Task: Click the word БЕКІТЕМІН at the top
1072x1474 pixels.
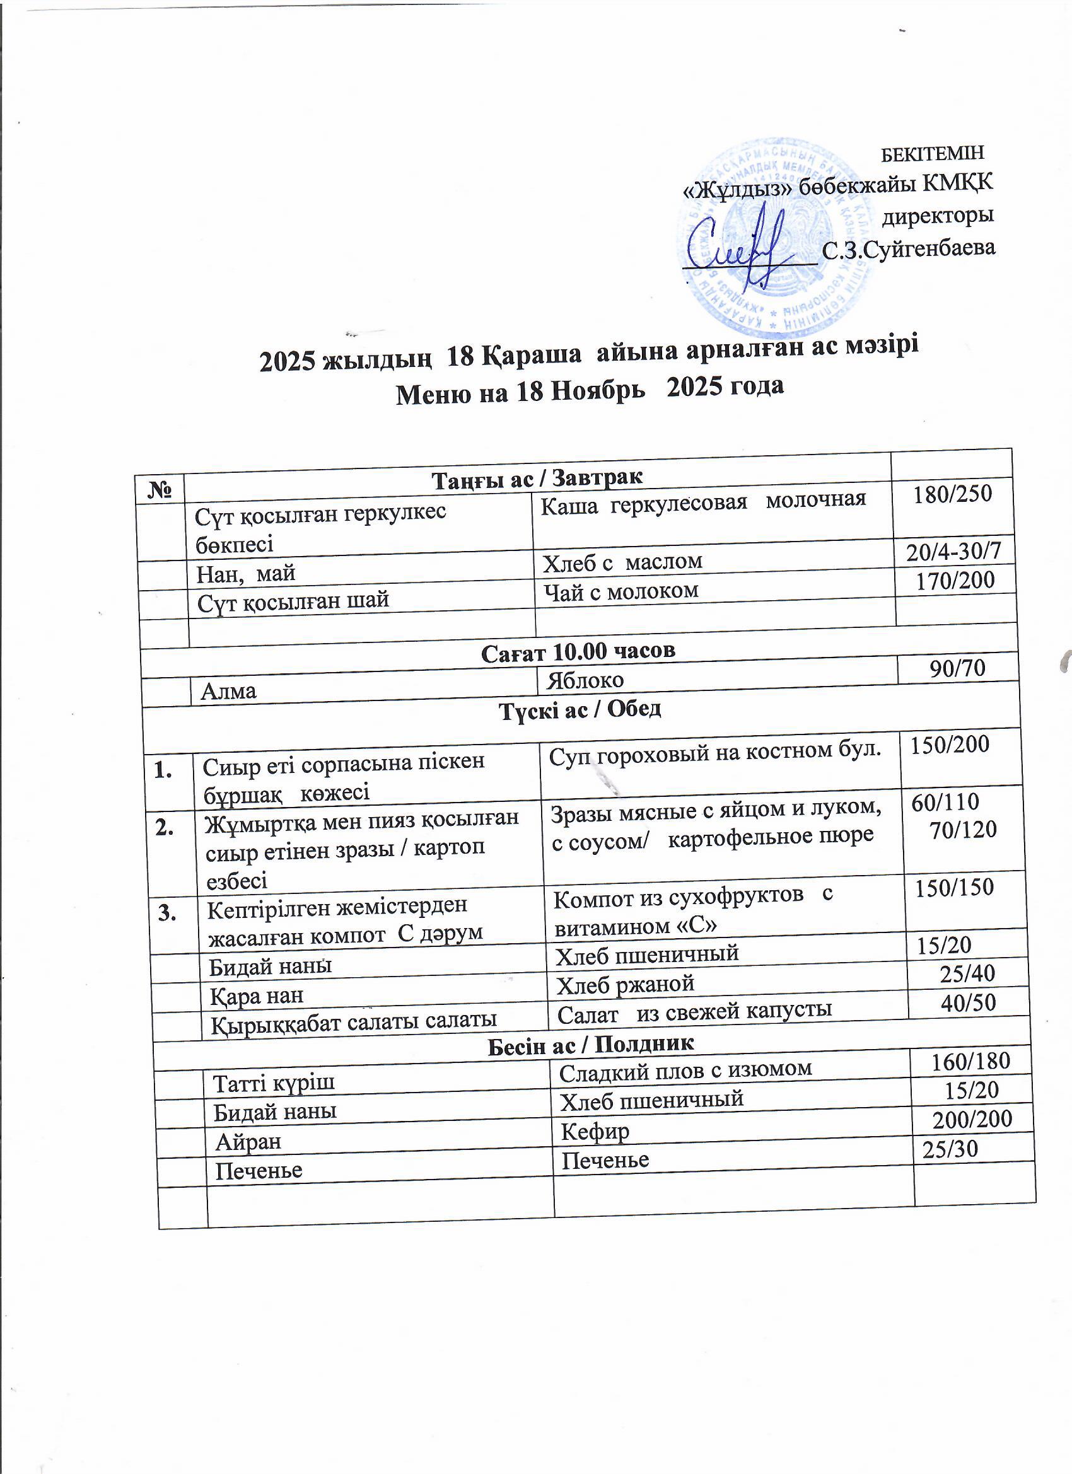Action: click(x=931, y=153)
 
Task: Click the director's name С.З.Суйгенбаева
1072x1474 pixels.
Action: click(x=908, y=249)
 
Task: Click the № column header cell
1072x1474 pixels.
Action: click(x=160, y=489)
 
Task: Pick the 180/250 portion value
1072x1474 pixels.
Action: click(x=952, y=494)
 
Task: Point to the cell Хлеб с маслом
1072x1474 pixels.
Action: click(x=622, y=562)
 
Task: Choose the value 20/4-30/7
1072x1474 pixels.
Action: click(x=953, y=552)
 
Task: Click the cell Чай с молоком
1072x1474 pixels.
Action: click(x=621, y=591)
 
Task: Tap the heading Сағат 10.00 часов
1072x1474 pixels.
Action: click(x=578, y=651)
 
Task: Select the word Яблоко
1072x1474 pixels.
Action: click(x=585, y=680)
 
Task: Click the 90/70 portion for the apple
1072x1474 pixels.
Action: click(x=957, y=668)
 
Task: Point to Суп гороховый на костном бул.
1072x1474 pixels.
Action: click(x=714, y=751)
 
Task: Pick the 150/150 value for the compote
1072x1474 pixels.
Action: click(x=954, y=887)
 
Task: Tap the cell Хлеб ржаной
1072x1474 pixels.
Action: click(x=626, y=984)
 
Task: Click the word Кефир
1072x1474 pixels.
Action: click(x=595, y=1132)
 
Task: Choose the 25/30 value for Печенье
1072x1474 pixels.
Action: click(x=950, y=1150)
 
